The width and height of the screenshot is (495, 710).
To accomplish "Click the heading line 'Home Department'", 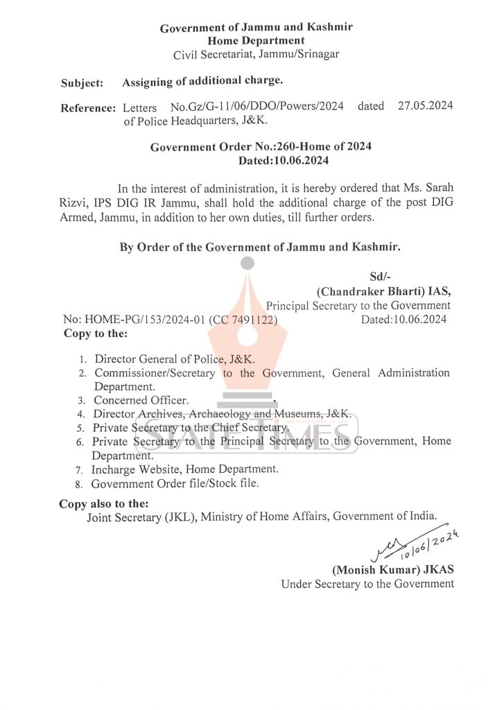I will (257, 41).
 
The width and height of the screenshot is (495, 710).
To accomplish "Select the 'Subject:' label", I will (82, 83).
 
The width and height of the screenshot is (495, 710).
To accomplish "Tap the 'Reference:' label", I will (87, 107).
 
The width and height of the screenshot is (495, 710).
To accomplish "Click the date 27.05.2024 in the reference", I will (425, 106).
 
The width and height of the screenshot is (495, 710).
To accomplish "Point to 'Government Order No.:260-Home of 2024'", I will (261, 146).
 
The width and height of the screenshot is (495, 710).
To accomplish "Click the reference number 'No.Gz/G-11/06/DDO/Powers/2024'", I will (257, 107).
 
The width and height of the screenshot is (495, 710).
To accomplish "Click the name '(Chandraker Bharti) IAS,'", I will (383, 291).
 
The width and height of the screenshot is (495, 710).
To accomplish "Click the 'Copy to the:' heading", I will (96, 334).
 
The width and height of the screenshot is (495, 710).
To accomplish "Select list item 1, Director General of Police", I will (174, 359).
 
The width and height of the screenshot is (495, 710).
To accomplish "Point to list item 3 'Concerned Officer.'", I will (141, 400).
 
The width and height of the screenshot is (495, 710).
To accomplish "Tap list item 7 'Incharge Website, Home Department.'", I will (185, 469).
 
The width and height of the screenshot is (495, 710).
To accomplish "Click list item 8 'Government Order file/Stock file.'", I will (175, 483).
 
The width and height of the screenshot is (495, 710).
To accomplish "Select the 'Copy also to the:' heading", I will (103, 503).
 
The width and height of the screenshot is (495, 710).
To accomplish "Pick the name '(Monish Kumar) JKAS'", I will (393, 570).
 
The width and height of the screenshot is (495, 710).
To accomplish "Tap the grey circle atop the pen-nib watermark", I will (247, 263).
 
